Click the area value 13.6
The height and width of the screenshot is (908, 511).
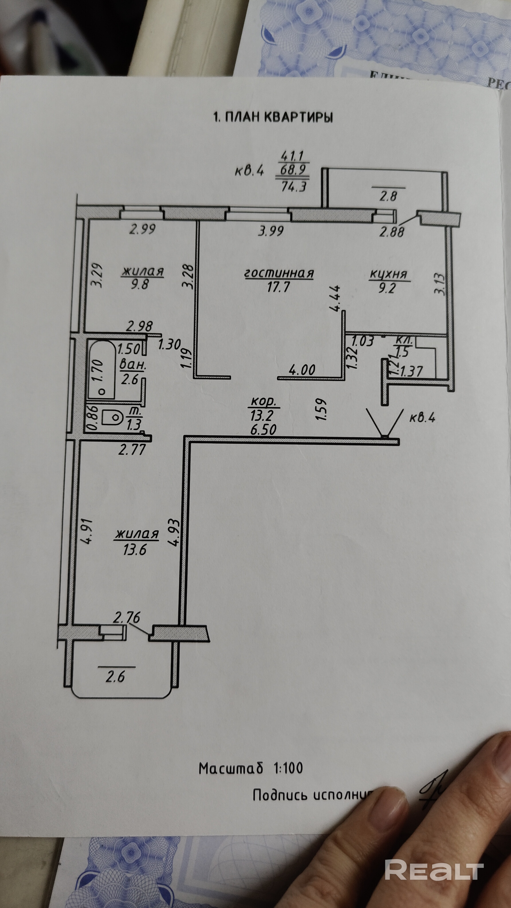click(x=135, y=550)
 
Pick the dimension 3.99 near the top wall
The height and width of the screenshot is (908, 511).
click(x=271, y=231)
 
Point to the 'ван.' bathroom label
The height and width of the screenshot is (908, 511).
click(x=133, y=365)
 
